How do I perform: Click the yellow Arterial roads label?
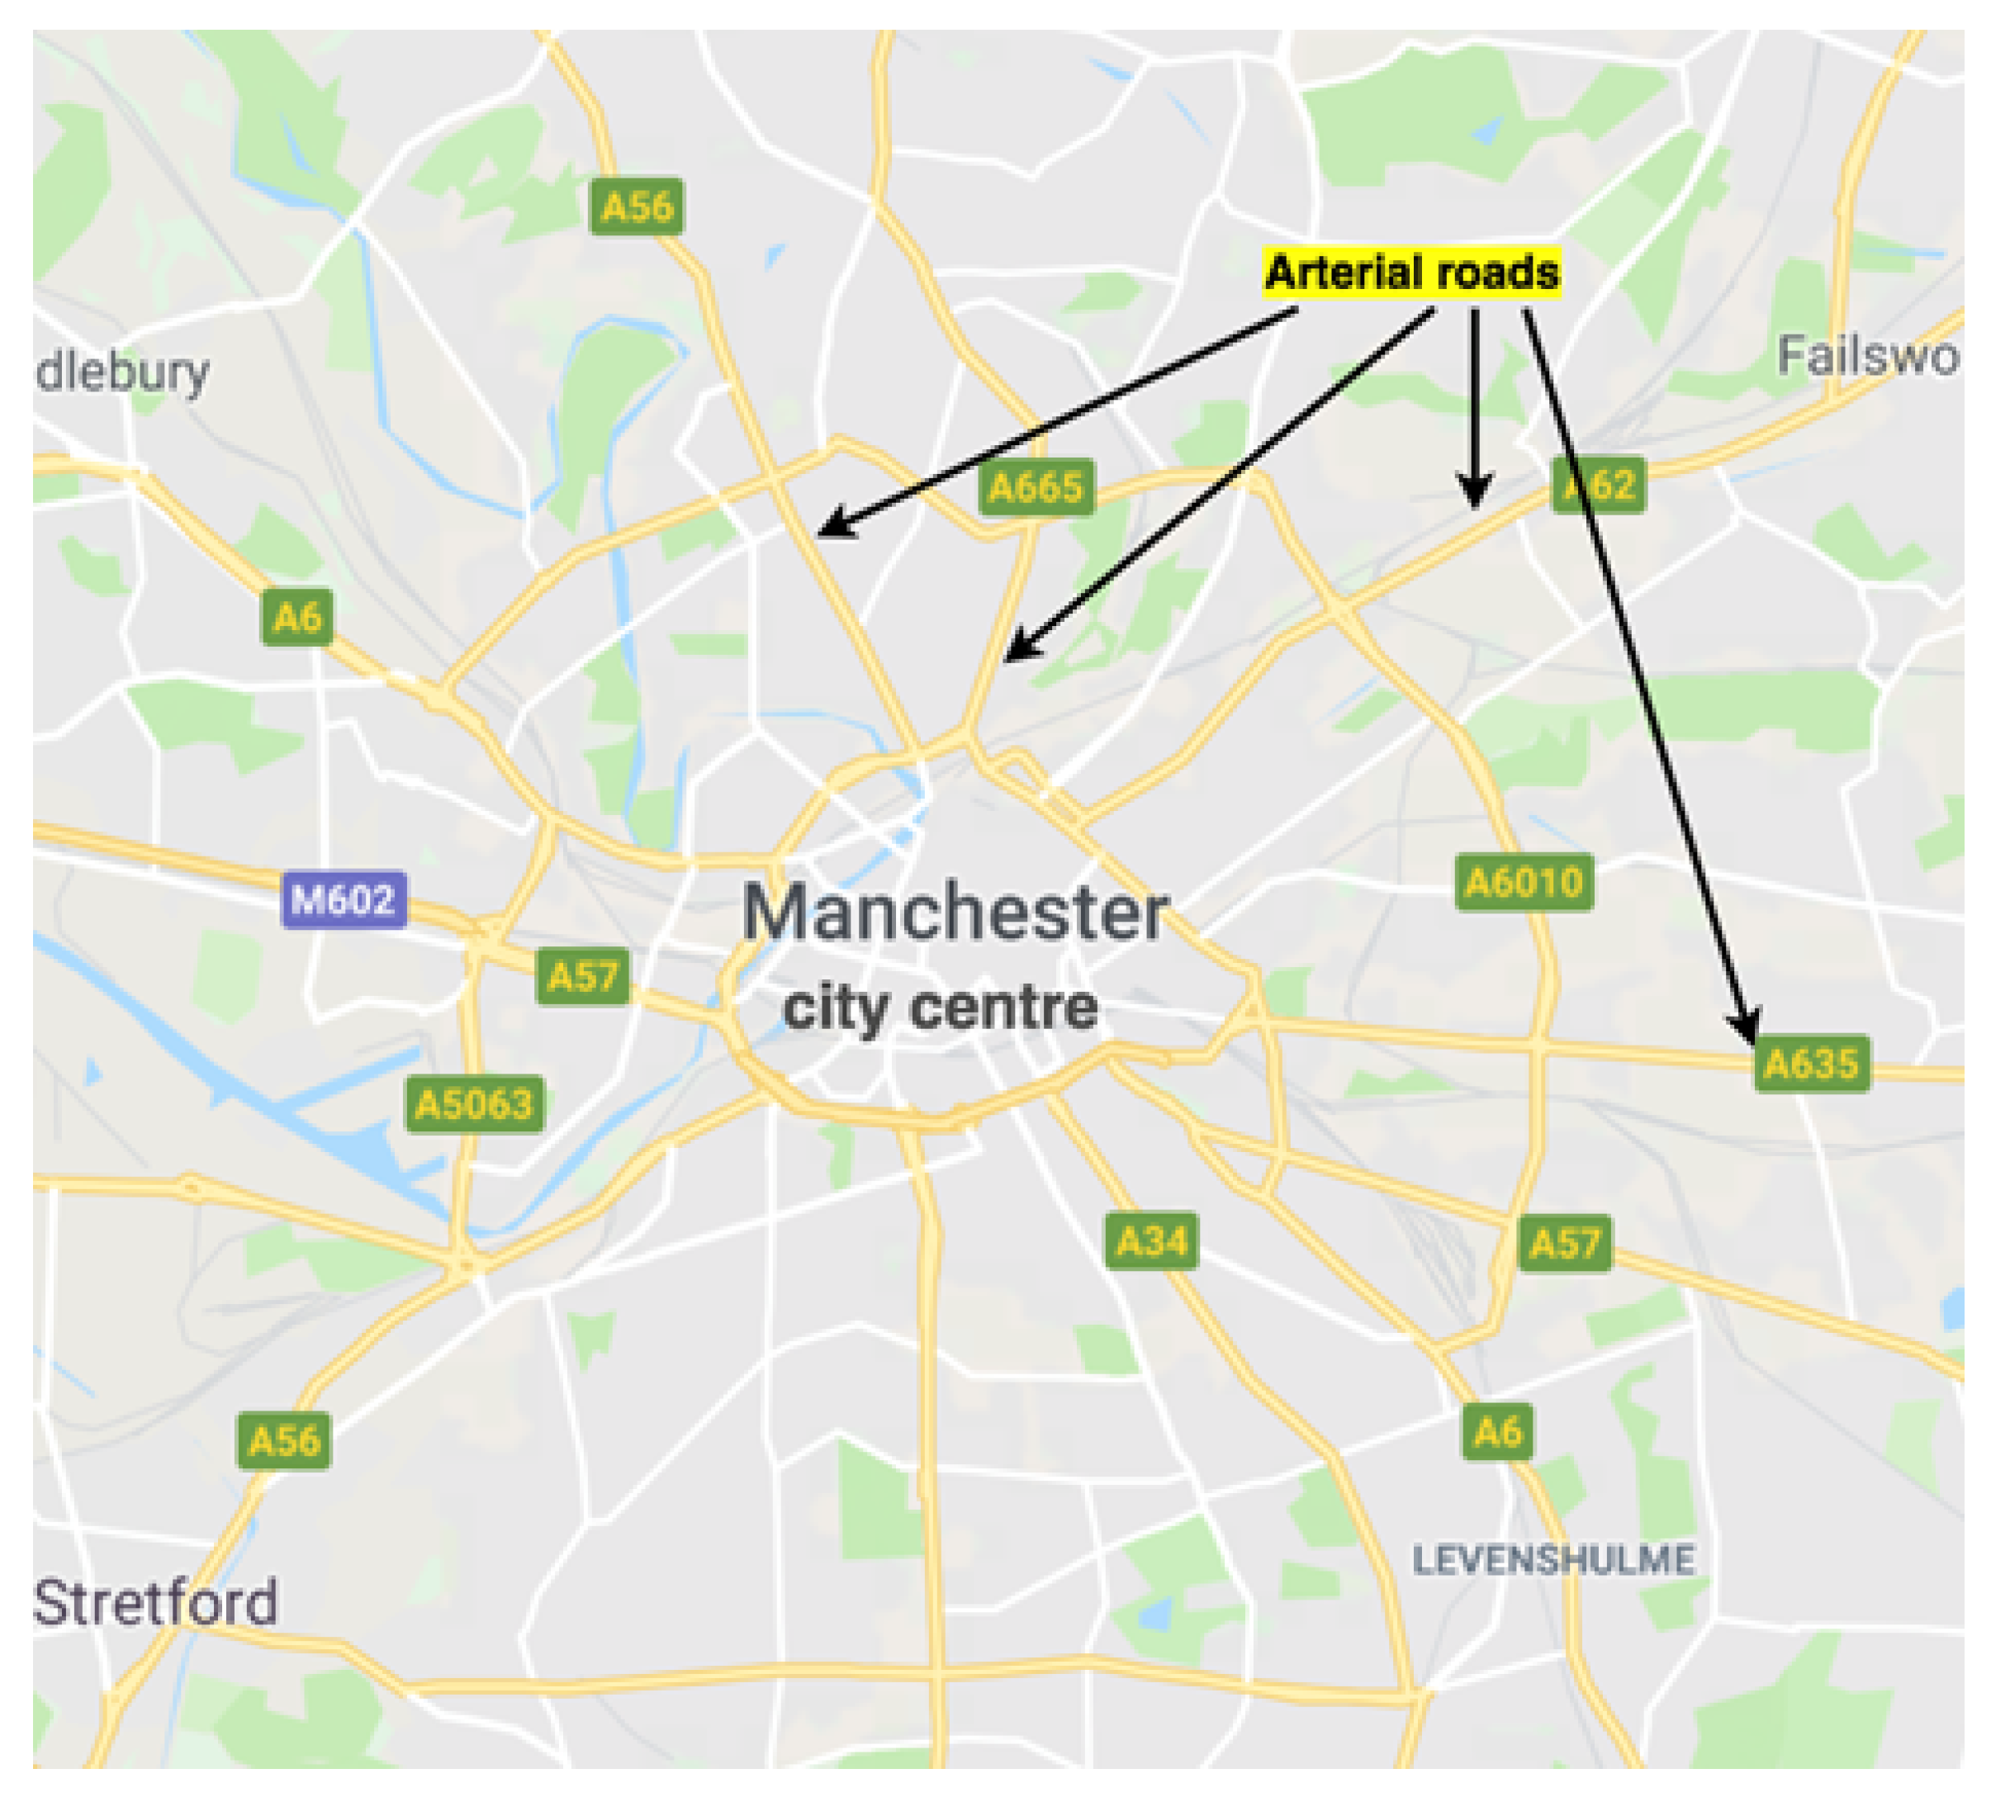(x=1412, y=273)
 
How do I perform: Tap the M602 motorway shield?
(x=344, y=899)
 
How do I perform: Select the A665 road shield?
(x=1036, y=486)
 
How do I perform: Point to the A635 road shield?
(x=1811, y=1064)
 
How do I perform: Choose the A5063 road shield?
(x=474, y=1103)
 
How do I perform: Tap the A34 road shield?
(x=1151, y=1240)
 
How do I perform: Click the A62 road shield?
(x=1599, y=485)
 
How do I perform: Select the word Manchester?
(x=955, y=913)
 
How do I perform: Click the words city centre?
(x=941, y=1008)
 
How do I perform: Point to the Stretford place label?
(x=155, y=1602)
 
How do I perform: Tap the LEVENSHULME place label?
(x=1553, y=1560)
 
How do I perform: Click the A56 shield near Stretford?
(x=284, y=1440)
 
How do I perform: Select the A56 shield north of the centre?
(x=637, y=206)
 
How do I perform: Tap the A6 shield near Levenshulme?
(x=1497, y=1430)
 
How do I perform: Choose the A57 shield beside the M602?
(x=583, y=976)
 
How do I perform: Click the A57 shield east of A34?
(x=1564, y=1243)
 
